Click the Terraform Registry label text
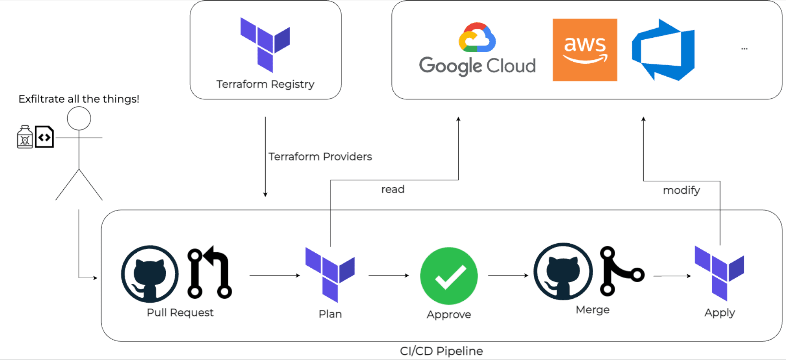(x=265, y=84)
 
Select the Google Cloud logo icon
(x=477, y=38)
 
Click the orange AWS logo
(x=585, y=50)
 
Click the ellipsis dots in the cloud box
(x=744, y=49)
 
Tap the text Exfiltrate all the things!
(x=79, y=99)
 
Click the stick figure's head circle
(x=79, y=118)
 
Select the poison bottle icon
(x=25, y=137)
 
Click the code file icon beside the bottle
(x=44, y=137)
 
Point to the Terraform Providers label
(x=320, y=156)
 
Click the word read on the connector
(x=393, y=189)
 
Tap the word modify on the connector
(x=681, y=190)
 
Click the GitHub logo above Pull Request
(x=150, y=274)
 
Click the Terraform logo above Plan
(x=330, y=275)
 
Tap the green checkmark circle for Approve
(x=449, y=276)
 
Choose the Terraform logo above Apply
(x=719, y=273)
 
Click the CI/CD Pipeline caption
(x=441, y=351)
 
